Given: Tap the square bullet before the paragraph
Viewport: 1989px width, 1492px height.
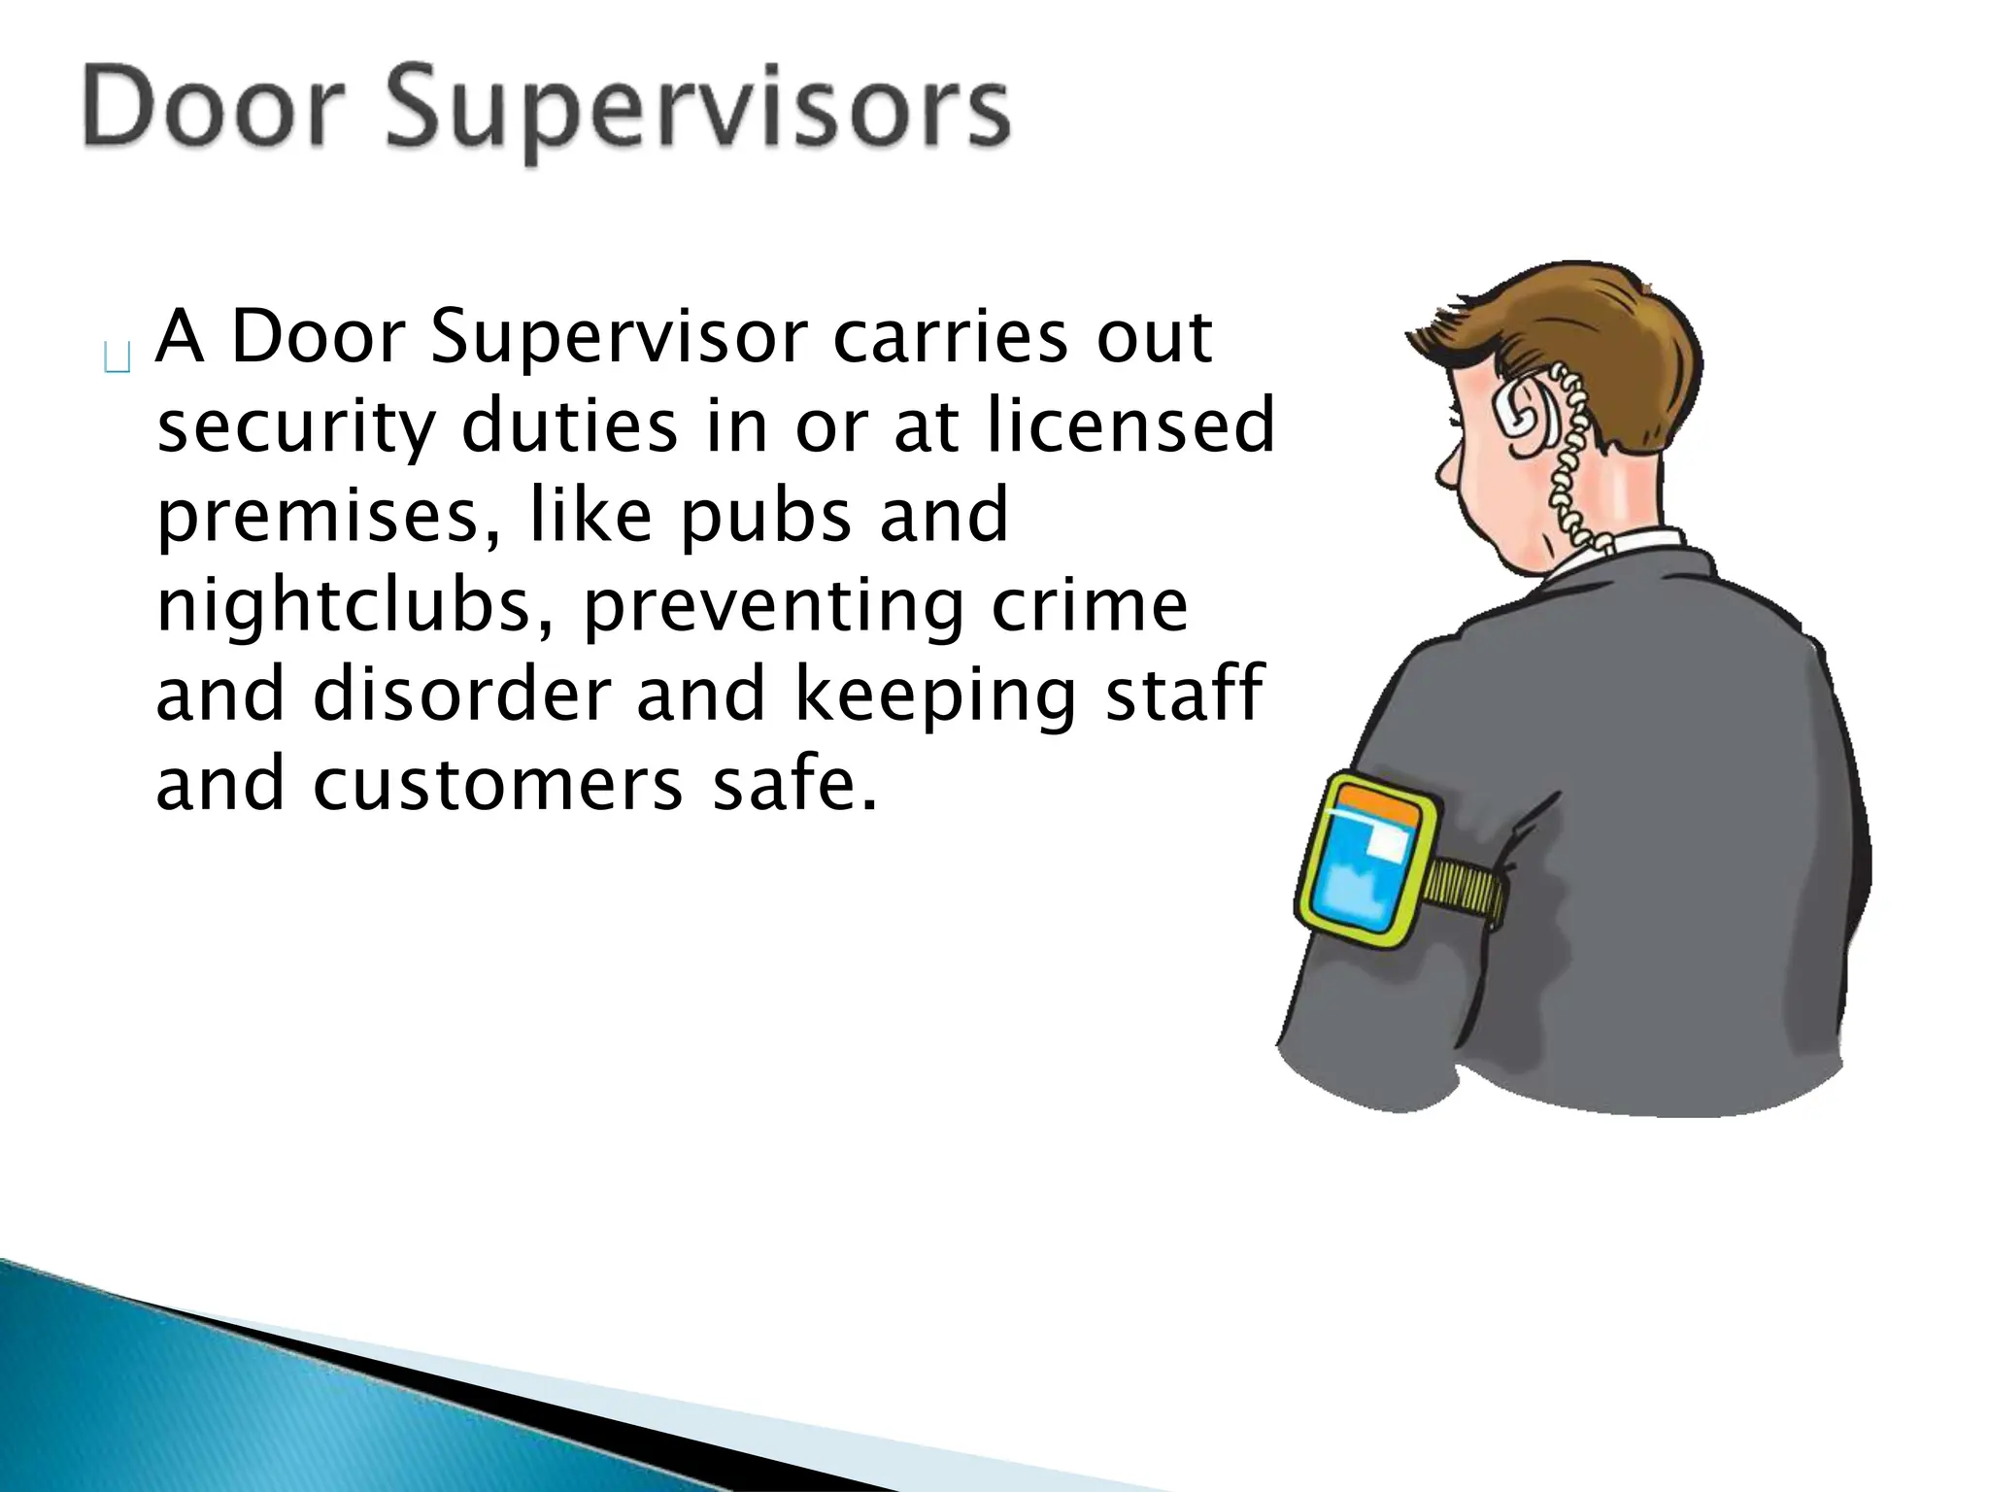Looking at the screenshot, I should [x=117, y=358].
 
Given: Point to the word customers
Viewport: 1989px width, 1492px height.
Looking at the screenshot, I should [x=498, y=785].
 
